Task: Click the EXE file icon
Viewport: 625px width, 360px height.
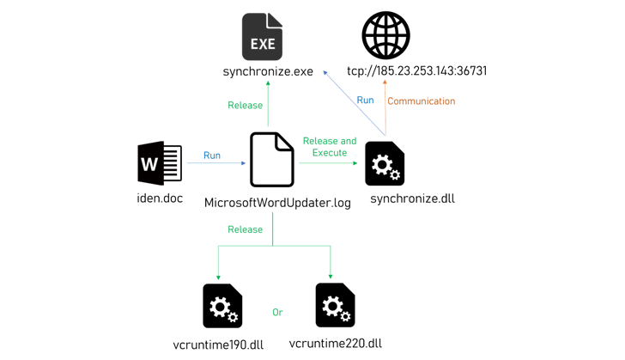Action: [x=262, y=36]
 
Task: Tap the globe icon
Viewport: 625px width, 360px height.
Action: [x=385, y=35]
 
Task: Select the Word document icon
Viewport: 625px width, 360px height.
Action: [x=160, y=163]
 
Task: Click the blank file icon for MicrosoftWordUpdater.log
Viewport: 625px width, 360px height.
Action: [x=271, y=160]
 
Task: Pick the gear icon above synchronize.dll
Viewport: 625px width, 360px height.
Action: [x=385, y=163]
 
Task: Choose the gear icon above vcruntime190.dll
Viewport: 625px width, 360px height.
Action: [x=222, y=306]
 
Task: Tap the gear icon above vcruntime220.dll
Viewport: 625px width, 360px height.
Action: [x=335, y=305]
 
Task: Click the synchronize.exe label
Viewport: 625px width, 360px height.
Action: [x=268, y=72]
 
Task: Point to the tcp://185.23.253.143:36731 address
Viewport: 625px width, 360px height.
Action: [x=416, y=71]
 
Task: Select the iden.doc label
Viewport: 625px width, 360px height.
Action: [x=161, y=198]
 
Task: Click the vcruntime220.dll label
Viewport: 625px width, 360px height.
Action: [x=335, y=344]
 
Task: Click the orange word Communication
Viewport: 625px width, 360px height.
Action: [x=422, y=101]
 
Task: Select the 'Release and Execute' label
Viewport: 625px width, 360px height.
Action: [x=330, y=147]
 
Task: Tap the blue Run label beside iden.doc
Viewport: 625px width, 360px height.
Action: [x=212, y=156]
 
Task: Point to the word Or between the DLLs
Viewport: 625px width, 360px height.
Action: [x=277, y=313]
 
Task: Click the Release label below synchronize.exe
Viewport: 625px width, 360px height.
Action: [x=246, y=106]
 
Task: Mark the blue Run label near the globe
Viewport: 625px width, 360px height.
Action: [x=365, y=101]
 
